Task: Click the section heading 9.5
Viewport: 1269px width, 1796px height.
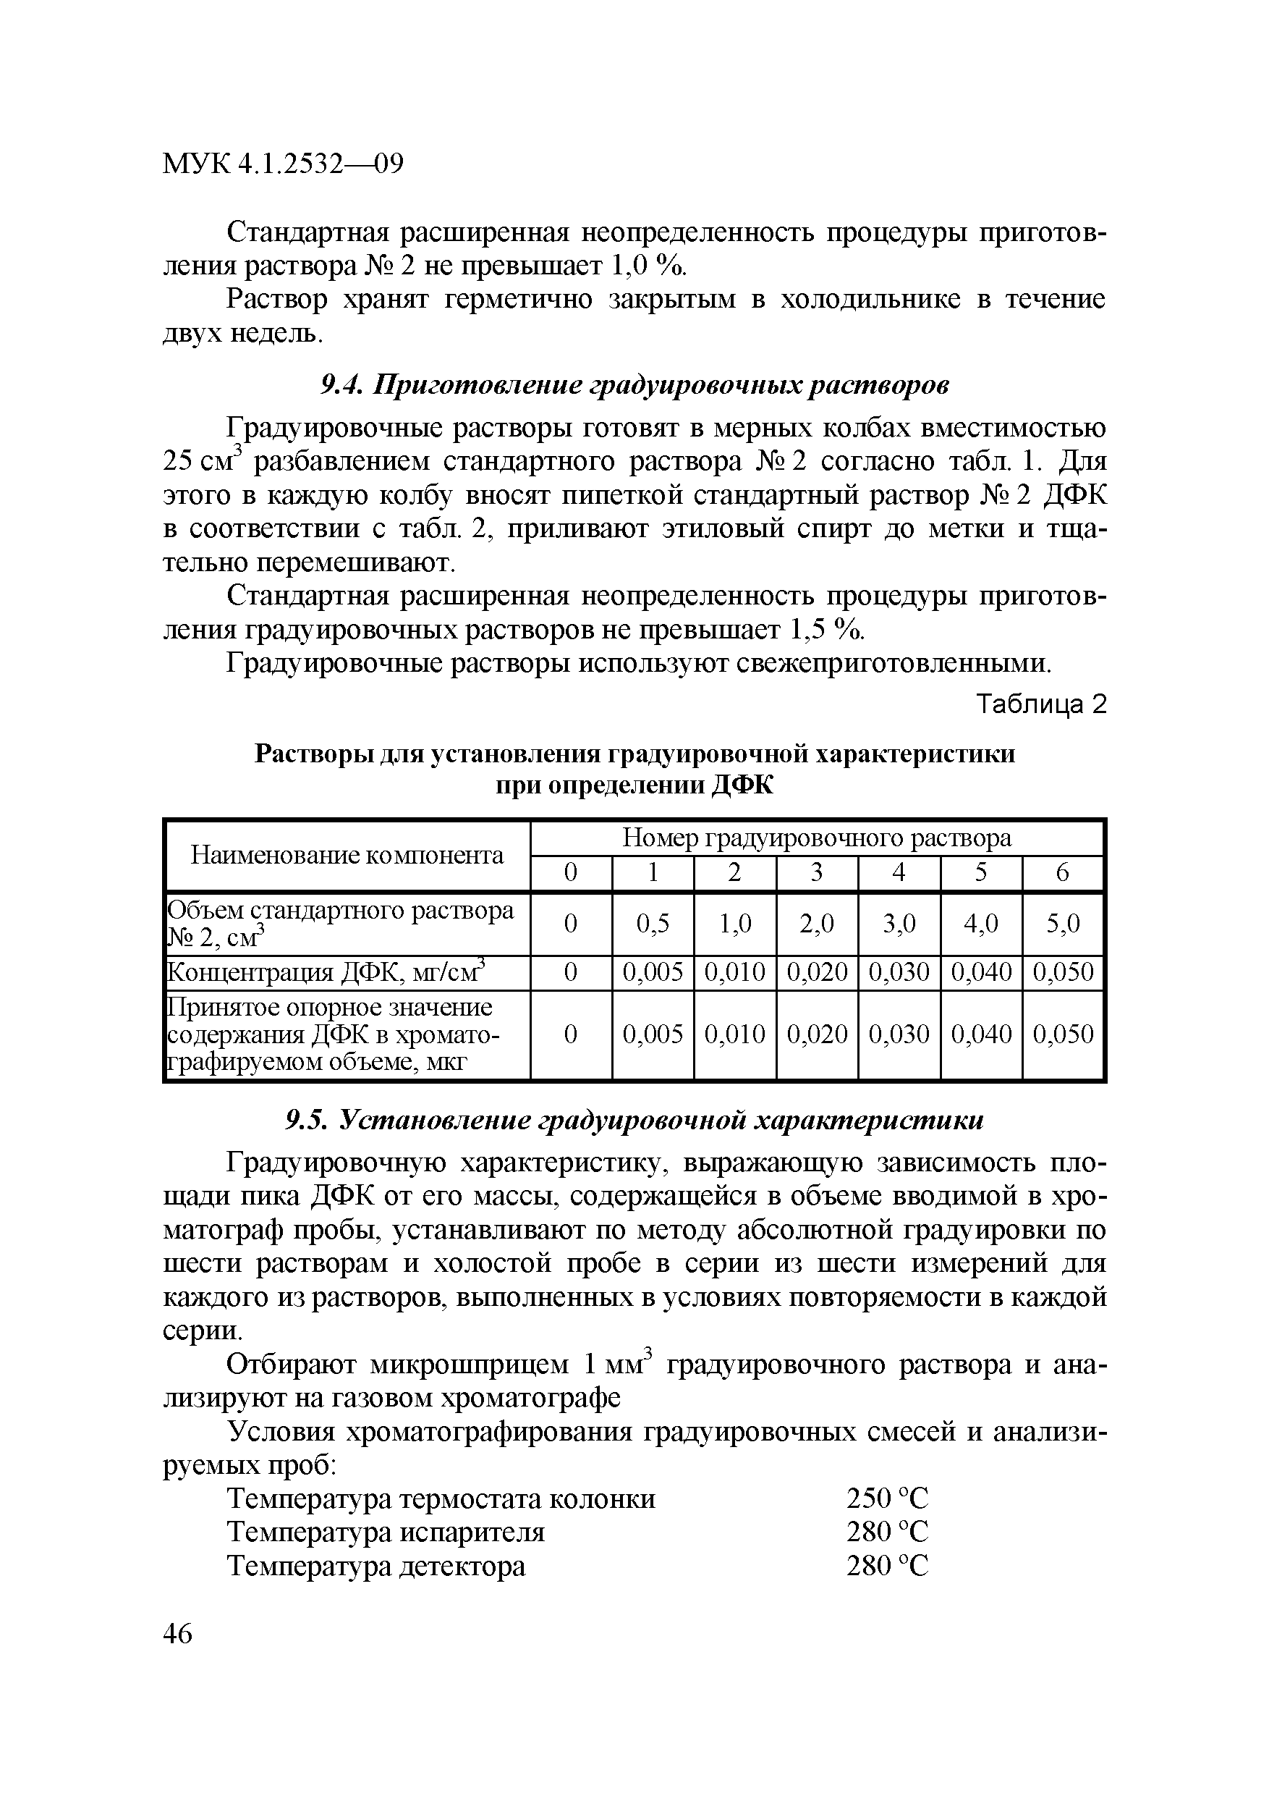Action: point(633,1120)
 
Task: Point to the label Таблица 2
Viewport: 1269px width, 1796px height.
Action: point(1042,705)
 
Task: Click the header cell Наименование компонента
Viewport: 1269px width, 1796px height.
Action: point(347,855)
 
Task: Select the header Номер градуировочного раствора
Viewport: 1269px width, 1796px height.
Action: point(816,838)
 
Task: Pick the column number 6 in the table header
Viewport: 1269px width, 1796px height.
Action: point(1062,872)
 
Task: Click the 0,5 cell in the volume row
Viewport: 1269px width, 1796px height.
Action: point(652,923)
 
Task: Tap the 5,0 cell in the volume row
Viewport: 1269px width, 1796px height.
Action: point(1063,923)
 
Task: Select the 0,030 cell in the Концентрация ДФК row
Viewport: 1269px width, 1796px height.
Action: point(899,971)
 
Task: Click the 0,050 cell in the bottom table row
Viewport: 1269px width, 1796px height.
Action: point(1063,1034)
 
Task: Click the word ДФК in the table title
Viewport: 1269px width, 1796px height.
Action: point(743,785)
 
